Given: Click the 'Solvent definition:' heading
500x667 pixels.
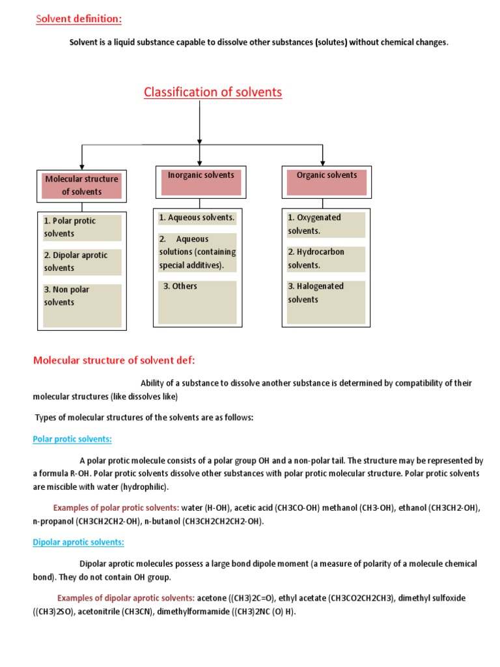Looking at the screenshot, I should (78, 20).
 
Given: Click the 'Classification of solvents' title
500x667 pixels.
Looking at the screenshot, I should (213, 92).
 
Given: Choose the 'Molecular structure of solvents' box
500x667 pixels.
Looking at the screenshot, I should (81, 185).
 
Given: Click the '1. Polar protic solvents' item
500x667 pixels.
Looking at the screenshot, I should (82, 227).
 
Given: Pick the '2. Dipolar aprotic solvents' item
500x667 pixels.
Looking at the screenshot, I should (82, 261).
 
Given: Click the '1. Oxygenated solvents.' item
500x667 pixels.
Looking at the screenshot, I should (326, 224).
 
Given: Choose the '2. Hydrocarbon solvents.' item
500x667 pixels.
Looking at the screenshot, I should (326, 259).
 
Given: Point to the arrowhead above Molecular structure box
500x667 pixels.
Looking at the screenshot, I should (81, 165).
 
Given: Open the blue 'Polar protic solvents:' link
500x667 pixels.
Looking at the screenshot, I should (72, 439).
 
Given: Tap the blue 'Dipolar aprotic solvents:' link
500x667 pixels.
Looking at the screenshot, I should (78, 542).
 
